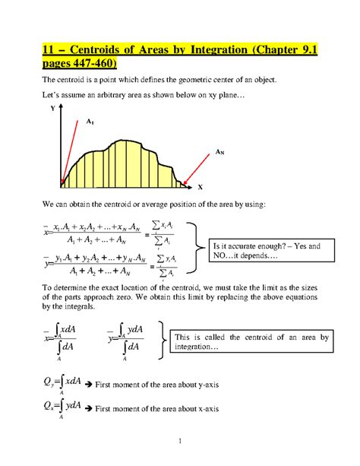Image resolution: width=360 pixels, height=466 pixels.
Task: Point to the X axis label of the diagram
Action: (200, 187)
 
